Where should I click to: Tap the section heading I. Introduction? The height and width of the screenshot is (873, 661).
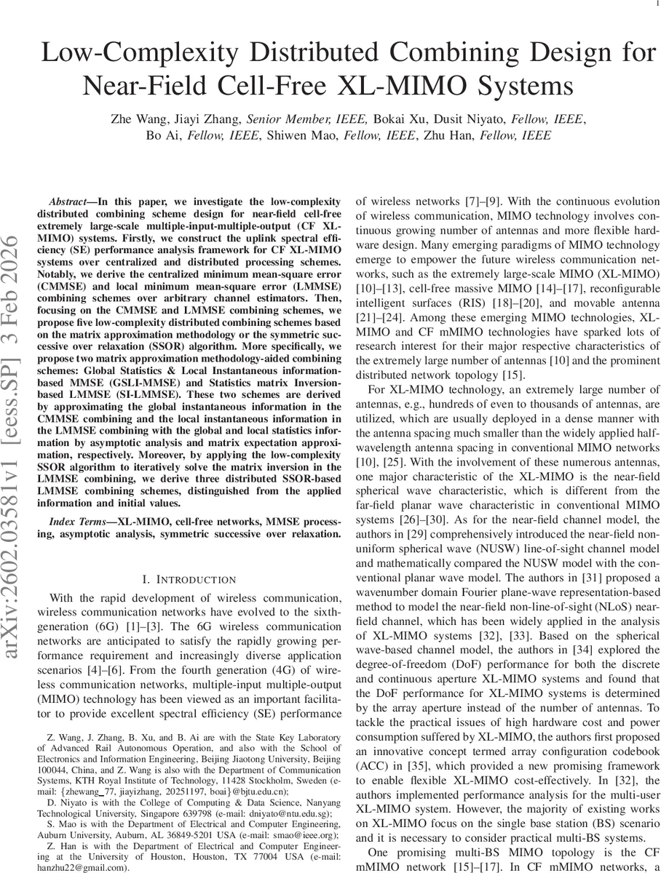[189, 579]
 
